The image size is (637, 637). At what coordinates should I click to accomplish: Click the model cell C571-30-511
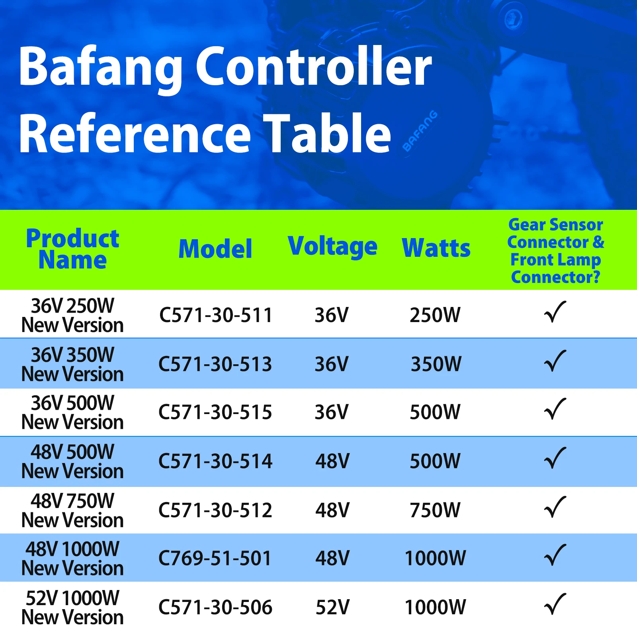coord(215,315)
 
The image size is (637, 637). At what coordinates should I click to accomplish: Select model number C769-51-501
coord(215,558)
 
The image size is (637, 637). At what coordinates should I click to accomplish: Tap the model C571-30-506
coord(215,607)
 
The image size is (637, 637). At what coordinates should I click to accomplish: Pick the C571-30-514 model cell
coord(215,461)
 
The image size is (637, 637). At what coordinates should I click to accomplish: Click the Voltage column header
coord(332,247)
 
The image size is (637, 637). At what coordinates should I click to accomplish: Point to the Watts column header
coord(436,248)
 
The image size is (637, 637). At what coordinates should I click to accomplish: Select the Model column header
coord(215,249)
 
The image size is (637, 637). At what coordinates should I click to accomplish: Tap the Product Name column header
coord(73,249)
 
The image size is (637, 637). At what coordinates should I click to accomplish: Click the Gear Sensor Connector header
coord(556,251)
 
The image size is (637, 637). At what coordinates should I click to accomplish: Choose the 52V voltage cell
coord(332,607)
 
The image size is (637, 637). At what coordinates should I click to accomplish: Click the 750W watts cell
coord(435,510)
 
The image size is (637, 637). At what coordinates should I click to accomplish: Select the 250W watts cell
coord(435,315)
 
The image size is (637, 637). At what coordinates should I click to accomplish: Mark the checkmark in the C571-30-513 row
coord(555,361)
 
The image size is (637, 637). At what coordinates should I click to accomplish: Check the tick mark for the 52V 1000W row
coord(555,604)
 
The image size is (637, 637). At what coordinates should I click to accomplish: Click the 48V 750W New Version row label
coord(72,510)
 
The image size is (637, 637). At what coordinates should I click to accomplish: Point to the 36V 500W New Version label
coord(72,412)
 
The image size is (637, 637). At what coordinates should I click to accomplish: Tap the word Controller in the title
coord(313,66)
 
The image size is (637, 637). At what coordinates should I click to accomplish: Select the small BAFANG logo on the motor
coord(420,131)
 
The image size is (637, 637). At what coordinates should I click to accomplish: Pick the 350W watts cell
coord(436,364)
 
